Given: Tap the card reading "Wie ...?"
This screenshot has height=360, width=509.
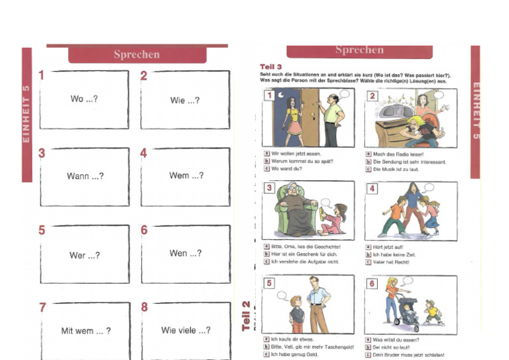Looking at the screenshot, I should pos(185,100).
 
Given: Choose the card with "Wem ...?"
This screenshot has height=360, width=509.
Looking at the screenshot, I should pos(186,176).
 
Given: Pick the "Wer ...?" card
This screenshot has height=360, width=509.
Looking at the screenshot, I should pos(84,255).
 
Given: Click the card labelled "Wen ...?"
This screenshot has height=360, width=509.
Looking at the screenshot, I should pos(186,253).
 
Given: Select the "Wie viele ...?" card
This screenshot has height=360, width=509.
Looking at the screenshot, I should pos(186,330).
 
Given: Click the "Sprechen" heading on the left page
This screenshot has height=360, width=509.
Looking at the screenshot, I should pos(136,54).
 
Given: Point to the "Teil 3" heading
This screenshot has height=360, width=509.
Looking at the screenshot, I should pos(271,67).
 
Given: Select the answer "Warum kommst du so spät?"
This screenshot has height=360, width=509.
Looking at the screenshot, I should pos(302,161).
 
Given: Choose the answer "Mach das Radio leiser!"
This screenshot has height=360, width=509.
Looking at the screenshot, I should pos(398,153).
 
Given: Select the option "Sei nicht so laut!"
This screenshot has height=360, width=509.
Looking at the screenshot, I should pos(395,347).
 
